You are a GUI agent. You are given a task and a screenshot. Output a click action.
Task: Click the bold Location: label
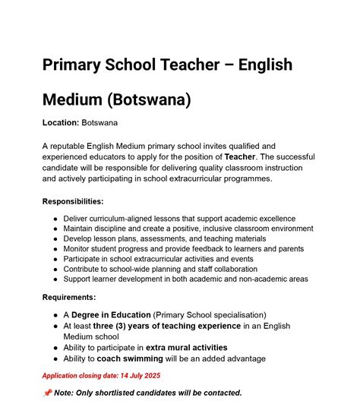pos(61,122)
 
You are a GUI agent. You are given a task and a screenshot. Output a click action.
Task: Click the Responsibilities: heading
pos(73,201)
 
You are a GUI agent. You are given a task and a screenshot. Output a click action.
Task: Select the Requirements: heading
pos(69,298)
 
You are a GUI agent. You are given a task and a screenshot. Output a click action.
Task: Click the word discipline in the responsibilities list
pos(127,229)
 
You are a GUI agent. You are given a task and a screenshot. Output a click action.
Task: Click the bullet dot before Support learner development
pos(56,279)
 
